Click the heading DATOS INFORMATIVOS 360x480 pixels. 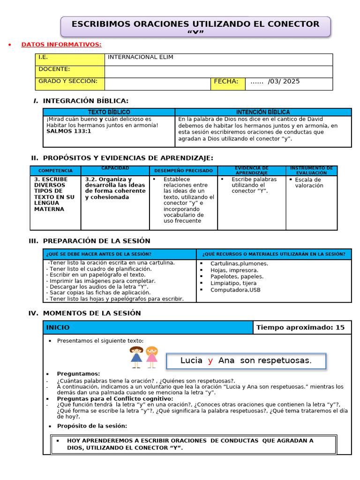(61, 45)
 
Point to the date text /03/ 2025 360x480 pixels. (283, 82)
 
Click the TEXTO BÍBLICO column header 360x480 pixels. (109, 112)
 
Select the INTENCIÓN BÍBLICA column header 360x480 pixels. (262, 112)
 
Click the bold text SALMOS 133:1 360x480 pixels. (68, 131)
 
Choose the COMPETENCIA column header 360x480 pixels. (55, 171)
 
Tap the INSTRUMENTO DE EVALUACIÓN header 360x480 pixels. (311, 171)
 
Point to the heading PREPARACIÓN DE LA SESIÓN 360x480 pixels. (96, 241)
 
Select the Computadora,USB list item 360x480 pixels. (235, 290)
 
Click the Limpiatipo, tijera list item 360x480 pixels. (233, 283)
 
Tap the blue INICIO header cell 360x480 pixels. (148, 328)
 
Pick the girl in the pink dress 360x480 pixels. (151, 357)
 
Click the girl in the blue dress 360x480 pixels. (136, 357)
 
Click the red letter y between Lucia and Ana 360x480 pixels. (210, 360)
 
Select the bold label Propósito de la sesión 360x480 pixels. (92, 426)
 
